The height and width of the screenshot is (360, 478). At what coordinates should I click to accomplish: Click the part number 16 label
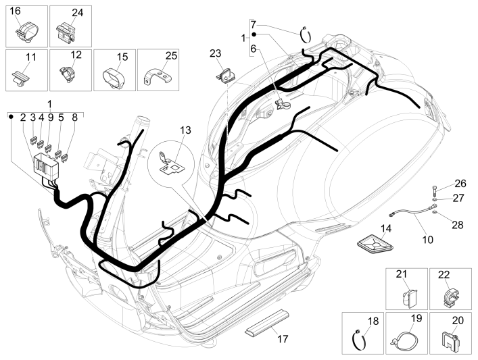pos(16,11)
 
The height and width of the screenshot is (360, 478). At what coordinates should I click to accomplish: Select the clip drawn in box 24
pos(66,33)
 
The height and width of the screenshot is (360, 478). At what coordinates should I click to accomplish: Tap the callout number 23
pos(215,53)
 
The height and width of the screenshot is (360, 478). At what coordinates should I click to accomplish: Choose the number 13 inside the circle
pos(186,130)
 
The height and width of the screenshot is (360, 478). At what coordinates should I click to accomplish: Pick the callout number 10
pos(427,238)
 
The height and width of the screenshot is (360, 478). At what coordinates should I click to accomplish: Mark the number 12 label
pos(76,54)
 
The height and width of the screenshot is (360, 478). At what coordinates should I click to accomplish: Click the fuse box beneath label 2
pos(47,165)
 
